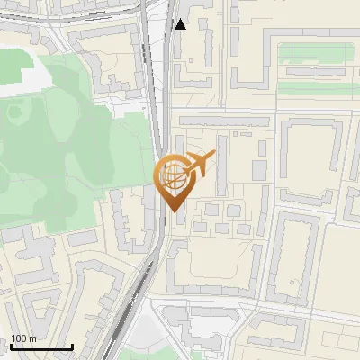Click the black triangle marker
[181, 24]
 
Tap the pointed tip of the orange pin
[175, 211]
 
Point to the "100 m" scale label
[24, 338]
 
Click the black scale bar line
[41, 346]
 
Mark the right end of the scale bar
[72, 346]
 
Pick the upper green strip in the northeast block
[319, 53]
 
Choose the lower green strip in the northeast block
[319, 88]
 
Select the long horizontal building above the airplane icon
[220, 120]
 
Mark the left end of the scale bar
[11, 346]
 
